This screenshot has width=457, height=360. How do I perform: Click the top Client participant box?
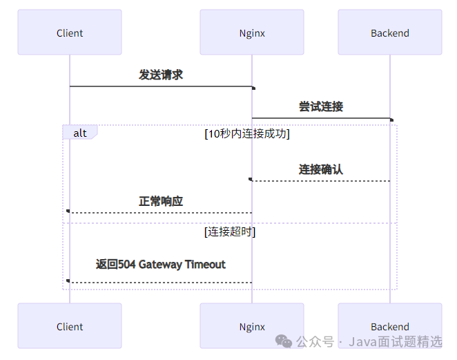click(x=70, y=32)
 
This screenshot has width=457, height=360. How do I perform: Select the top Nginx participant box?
click(x=252, y=32)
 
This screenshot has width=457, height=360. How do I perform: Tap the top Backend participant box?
click(x=389, y=32)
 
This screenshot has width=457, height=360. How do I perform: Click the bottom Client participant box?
click(x=70, y=326)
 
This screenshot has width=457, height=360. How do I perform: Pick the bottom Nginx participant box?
click(x=252, y=326)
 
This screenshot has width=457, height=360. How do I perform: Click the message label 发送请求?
click(x=161, y=75)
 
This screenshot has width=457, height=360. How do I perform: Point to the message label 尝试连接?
click(x=320, y=106)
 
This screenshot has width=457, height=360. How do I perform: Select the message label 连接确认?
click(x=320, y=169)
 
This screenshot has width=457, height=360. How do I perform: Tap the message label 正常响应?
click(x=161, y=201)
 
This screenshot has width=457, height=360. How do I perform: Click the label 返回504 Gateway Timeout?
click(x=161, y=264)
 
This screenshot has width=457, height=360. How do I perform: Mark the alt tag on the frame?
click(x=80, y=133)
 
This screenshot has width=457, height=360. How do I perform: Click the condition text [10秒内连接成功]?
click(x=246, y=133)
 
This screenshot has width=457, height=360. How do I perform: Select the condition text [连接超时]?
click(x=230, y=232)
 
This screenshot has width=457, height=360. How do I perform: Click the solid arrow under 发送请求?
click(x=161, y=86)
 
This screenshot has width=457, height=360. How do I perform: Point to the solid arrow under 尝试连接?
click(x=320, y=118)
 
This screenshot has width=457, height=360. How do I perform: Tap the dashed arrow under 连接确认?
click(x=320, y=181)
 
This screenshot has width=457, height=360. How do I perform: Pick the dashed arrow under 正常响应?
click(x=161, y=213)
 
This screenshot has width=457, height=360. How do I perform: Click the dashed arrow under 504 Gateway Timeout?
click(x=161, y=282)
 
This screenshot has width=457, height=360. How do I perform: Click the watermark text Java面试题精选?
click(x=395, y=342)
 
